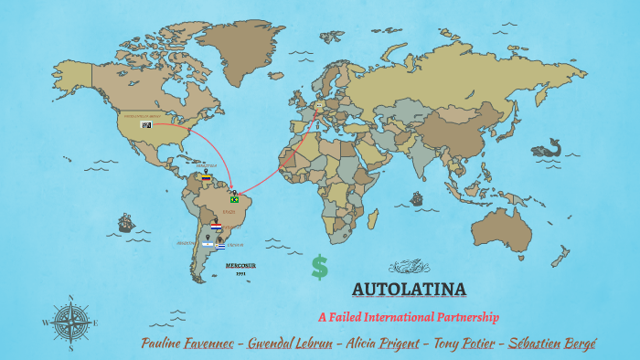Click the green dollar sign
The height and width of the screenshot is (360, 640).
tap(319, 266)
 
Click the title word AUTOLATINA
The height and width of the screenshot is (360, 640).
tap(409, 291)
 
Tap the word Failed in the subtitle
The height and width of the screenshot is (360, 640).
tap(350, 318)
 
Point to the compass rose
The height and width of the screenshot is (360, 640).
tap(69, 322)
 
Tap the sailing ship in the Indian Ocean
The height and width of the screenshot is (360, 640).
tap(416, 197)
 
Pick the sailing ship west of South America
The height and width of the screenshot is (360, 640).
tap(126, 222)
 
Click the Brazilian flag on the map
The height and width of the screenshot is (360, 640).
tap(234, 199)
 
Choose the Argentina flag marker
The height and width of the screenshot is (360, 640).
tap(208, 245)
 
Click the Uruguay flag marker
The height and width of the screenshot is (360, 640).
tap(219, 247)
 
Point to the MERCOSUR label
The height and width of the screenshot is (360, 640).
tap(240, 265)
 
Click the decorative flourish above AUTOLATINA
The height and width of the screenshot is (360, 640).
tap(409, 267)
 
